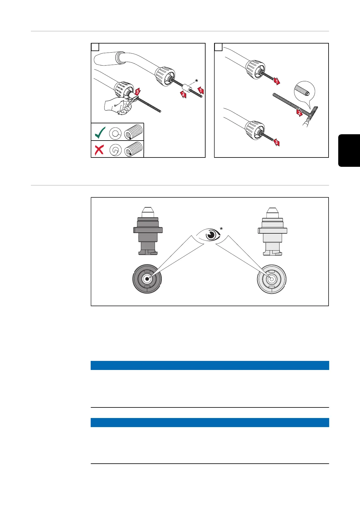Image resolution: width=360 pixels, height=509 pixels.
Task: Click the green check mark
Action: tap(100, 132)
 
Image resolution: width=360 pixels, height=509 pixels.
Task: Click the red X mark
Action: tap(99, 149)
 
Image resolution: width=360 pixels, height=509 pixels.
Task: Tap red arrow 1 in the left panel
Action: tap(200, 90)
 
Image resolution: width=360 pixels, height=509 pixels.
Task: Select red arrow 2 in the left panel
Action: tap(183, 95)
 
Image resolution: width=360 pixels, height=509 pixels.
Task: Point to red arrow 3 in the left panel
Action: tap(137, 91)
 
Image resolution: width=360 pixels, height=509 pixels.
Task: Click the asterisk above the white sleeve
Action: tap(197, 81)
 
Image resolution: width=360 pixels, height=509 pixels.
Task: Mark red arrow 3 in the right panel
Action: tap(276, 142)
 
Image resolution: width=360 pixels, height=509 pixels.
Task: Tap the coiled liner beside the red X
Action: tap(135, 149)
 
